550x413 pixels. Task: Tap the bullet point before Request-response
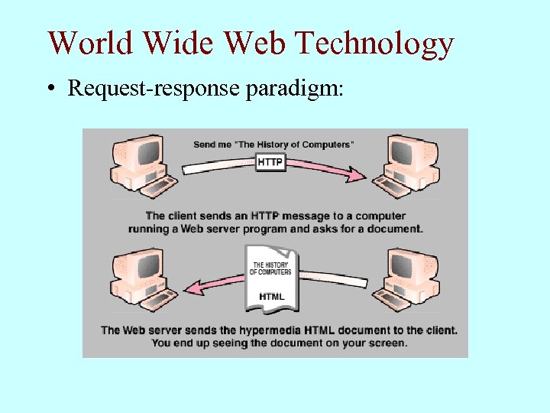tap(50, 89)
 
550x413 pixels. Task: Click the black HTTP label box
tap(271, 163)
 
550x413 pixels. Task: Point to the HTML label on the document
tap(272, 296)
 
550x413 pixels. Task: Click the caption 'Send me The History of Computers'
tap(273, 145)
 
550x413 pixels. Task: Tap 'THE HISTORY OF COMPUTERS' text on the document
tap(271, 268)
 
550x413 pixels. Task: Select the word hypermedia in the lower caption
tap(273, 330)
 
